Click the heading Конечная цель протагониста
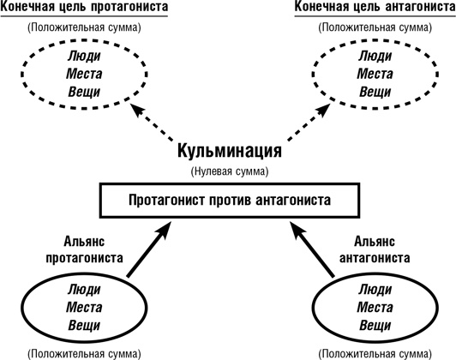84,8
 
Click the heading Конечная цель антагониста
370,8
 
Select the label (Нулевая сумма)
229,171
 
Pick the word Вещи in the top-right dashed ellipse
370,92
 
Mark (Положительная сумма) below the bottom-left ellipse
84,352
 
